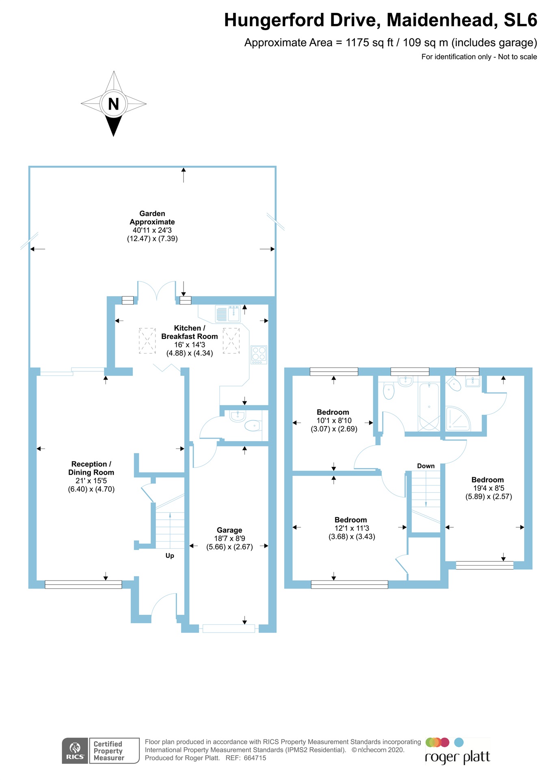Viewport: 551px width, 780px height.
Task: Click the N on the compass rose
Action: (x=114, y=104)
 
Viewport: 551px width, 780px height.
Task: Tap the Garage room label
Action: (x=229, y=530)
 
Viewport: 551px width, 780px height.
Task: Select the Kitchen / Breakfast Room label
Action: (x=190, y=332)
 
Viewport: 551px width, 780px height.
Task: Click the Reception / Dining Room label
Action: (x=91, y=468)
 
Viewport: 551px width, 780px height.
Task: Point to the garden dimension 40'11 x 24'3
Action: (x=152, y=230)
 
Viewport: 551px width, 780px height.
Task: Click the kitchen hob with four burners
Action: (x=259, y=354)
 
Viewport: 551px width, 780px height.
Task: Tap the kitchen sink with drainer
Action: (x=228, y=314)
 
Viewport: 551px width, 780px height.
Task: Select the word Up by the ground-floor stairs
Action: (x=170, y=556)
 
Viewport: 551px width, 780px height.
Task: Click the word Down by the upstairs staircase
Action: (x=426, y=466)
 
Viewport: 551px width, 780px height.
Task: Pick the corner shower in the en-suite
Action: (x=458, y=419)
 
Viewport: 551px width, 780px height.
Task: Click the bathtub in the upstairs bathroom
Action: (x=429, y=406)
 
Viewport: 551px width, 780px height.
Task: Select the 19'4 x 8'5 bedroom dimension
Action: (x=488, y=488)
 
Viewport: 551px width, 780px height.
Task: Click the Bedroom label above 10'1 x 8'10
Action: (x=333, y=412)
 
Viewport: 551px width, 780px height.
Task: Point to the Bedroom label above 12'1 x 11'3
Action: (x=351, y=520)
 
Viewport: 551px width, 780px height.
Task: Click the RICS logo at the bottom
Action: (x=75, y=750)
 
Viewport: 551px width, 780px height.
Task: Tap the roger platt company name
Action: (x=457, y=757)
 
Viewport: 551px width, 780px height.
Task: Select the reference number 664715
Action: (x=255, y=758)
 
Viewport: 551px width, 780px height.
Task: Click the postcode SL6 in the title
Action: (x=521, y=20)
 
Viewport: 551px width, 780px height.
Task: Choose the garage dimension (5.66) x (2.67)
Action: (x=229, y=547)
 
